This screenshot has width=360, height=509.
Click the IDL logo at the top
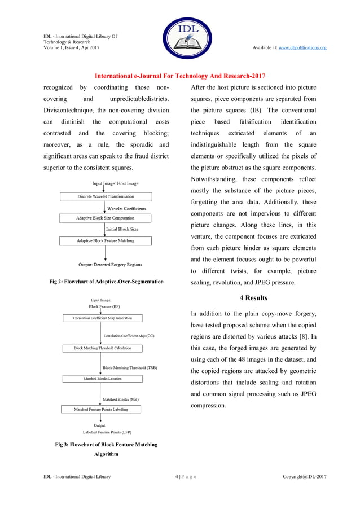click(x=179, y=38)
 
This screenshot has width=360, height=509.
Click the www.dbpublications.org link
click(x=303, y=47)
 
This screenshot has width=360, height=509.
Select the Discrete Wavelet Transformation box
click(x=106, y=196)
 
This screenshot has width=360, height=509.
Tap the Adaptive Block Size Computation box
click(x=106, y=218)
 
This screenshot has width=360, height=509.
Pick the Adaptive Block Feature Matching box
click(x=106, y=241)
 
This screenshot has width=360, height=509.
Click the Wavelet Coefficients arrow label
click(x=126, y=208)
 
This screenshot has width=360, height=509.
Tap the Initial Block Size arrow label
click(x=122, y=229)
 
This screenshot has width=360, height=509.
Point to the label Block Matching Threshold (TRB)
click(x=130, y=367)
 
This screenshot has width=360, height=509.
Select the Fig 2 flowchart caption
click(x=107, y=282)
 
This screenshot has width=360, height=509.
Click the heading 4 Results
click(x=253, y=297)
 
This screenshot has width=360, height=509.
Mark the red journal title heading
click(x=179, y=76)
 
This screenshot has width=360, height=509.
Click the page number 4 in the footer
click(x=177, y=477)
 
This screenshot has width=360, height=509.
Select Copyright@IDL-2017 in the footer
click(x=304, y=477)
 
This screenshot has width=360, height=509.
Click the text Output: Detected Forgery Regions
click(x=110, y=264)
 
